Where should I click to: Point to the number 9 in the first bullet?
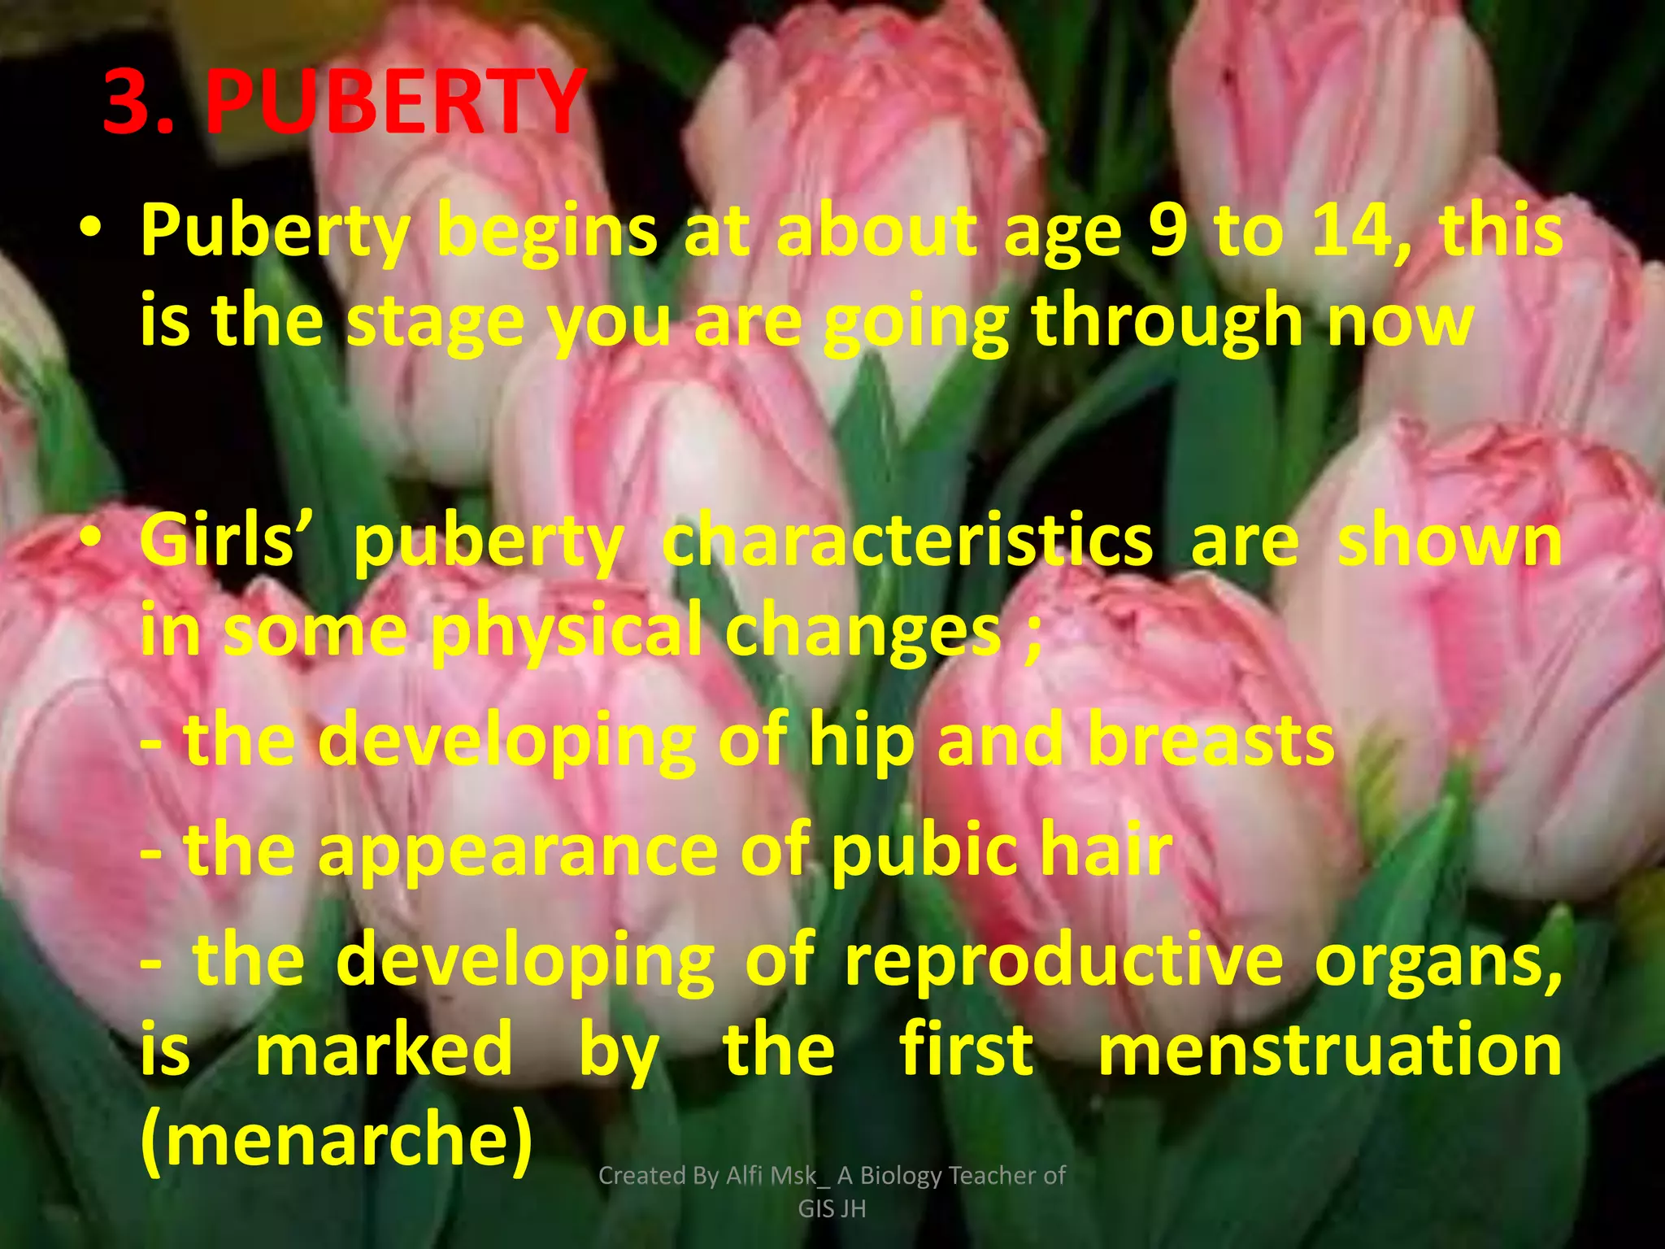click(x=1167, y=231)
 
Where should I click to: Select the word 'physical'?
click(x=567, y=631)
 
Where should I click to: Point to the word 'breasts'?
click(x=1211, y=740)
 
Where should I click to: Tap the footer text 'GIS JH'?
click(x=832, y=1209)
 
